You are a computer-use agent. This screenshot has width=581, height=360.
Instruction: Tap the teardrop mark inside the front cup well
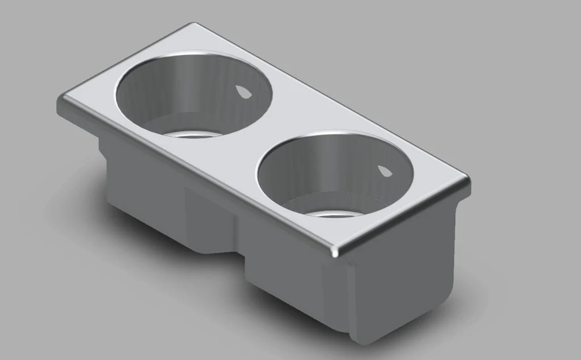point(384,171)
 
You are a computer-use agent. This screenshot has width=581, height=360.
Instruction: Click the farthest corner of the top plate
point(194,26)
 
